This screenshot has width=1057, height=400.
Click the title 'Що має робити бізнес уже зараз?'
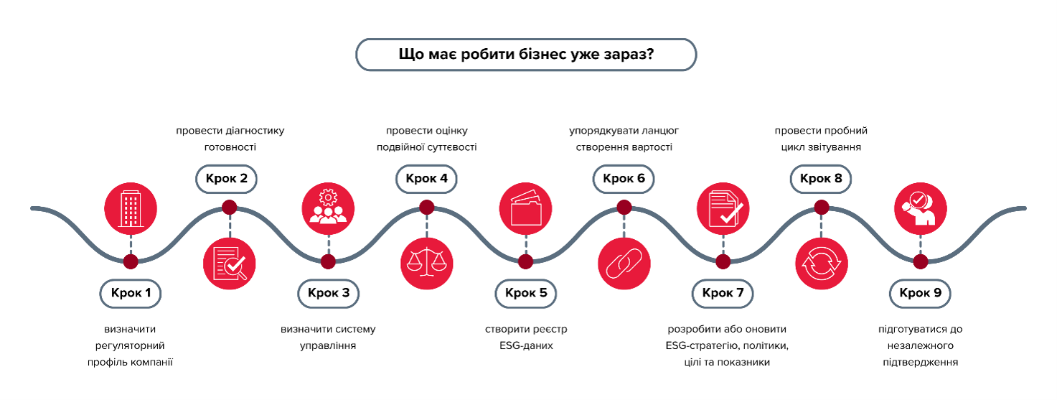(x=526, y=55)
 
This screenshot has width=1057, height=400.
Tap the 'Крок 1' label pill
(x=130, y=293)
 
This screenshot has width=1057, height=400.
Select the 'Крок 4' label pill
(x=426, y=179)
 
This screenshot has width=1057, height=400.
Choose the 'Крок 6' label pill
(x=624, y=179)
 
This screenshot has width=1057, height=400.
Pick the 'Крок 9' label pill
(x=920, y=293)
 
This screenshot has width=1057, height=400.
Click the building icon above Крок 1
(x=131, y=209)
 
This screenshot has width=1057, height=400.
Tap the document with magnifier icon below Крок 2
(x=230, y=264)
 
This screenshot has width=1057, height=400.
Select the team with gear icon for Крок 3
(x=328, y=209)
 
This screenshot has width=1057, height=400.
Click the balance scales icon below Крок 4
(x=426, y=264)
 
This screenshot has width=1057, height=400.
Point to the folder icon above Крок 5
(x=526, y=209)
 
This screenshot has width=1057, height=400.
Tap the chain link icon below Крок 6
(x=624, y=264)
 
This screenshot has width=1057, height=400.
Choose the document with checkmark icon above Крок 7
(x=723, y=209)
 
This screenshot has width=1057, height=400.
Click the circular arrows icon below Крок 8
(x=822, y=264)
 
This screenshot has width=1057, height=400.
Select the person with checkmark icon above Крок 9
(x=921, y=209)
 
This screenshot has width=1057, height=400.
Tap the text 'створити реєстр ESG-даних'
(x=526, y=338)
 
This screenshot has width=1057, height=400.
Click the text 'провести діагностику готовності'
(x=230, y=139)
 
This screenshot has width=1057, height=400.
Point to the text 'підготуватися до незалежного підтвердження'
(x=921, y=345)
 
